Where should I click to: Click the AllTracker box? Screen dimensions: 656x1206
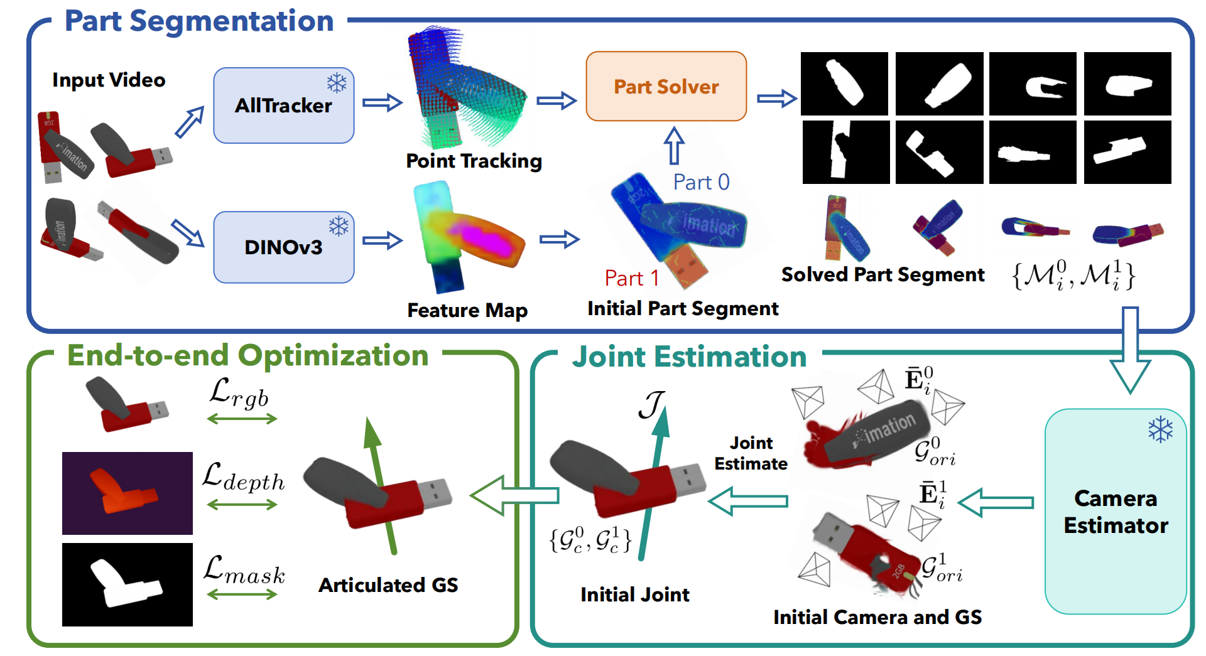tap(283, 105)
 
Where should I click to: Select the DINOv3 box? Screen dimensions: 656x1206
tap(283, 247)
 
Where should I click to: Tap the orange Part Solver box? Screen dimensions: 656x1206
tap(666, 87)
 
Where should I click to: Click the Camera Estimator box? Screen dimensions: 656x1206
tap(1115, 512)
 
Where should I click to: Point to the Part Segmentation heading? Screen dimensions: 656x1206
tap(199, 21)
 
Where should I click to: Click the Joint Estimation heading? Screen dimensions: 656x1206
tap(689, 357)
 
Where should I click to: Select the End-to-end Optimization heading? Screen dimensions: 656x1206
tap(247, 355)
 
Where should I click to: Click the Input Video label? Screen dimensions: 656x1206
tap(109, 80)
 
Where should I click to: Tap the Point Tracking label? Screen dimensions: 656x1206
tap(474, 161)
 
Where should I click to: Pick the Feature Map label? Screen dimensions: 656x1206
tap(467, 310)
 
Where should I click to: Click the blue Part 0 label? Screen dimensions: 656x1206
tap(701, 182)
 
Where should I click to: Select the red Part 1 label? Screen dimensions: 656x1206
tap(631, 278)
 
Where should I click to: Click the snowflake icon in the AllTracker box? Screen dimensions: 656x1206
tap(337, 83)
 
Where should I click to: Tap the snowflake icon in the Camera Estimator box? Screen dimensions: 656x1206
tap(1160, 430)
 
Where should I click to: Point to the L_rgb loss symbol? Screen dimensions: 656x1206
tap(239, 394)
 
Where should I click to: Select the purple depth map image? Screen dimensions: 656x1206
tap(128, 493)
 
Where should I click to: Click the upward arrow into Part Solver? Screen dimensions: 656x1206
tap(674, 145)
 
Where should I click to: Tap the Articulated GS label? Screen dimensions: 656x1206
tap(388, 585)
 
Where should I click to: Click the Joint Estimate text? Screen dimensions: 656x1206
tap(751, 453)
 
